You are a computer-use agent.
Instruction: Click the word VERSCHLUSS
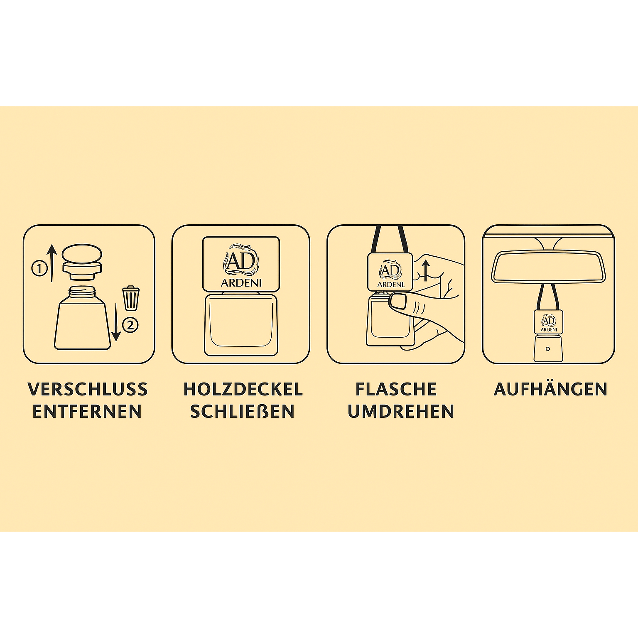tap(88, 389)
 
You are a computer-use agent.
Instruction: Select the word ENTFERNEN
tap(87, 411)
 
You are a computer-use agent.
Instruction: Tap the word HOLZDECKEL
tap(243, 389)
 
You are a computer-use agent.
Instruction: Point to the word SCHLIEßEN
tap(243, 411)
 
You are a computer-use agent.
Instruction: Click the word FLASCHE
tap(396, 389)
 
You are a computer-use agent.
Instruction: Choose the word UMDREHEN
tap(401, 411)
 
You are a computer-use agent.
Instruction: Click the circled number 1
tap(39, 268)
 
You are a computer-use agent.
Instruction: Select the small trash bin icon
tap(130, 298)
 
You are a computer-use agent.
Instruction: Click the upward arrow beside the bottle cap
tap(52, 263)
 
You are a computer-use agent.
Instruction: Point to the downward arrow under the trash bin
tap(116, 321)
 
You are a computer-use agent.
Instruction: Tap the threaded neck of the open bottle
tap(82, 290)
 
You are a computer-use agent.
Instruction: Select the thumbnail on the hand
tap(399, 300)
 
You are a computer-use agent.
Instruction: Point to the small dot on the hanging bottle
tap(547, 349)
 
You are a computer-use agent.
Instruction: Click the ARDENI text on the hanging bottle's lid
tap(548, 329)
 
